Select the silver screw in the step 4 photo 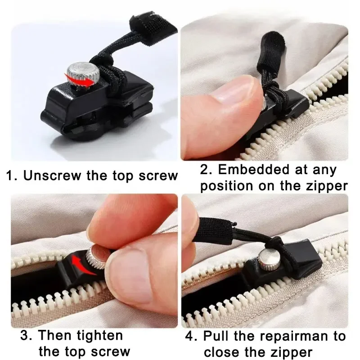tap(266, 259)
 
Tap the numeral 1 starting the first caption tap(10, 175)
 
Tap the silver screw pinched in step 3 tap(96, 258)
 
